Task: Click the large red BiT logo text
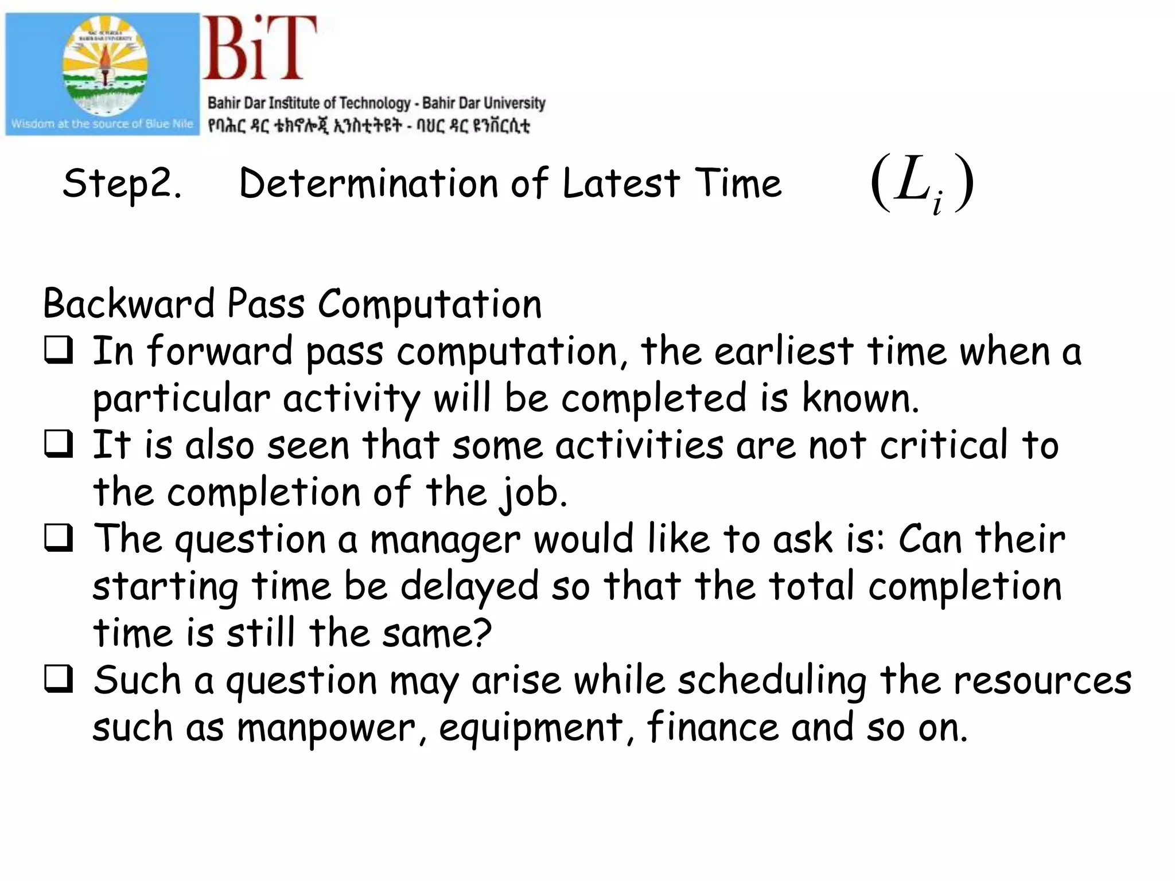click(x=259, y=48)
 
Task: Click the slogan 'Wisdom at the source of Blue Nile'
click(x=102, y=124)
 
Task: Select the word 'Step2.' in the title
click(x=122, y=184)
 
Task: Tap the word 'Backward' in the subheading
click(x=129, y=303)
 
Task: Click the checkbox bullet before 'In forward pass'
click(x=59, y=350)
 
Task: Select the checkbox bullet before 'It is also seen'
click(x=59, y=444)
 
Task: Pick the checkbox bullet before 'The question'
click(x=59, y=538)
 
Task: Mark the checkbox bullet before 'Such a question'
click(x=59, y=679)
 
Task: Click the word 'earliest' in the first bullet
click(x=784, y=350)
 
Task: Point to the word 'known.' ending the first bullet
click(x=861, y=397)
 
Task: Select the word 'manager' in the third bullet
click(x=445, y=540)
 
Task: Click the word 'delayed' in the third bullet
click(x=469, y=587)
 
